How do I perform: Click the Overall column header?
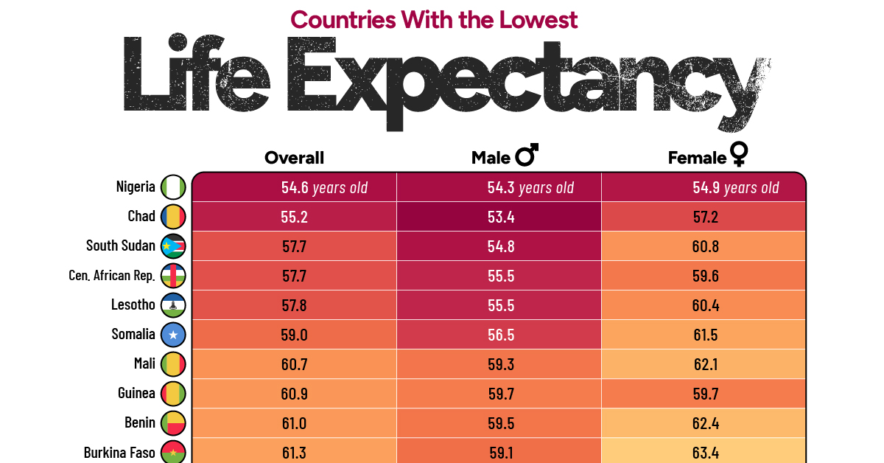[x=294, y=158]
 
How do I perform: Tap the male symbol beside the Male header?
[x=527, y=156]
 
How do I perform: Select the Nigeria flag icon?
[x=174, y=187]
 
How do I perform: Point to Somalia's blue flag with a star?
[x=174, y=335]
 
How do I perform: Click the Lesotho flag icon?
[x=174, y=305]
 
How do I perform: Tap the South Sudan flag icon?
[x=174, y=246]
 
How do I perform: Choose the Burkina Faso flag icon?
[x=174, y=452]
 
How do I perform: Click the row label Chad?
[x=141, y=216]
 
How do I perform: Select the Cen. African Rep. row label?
[x=112, y=276]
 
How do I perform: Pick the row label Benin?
[x=140, y=422]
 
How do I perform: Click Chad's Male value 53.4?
[x=501, y=217]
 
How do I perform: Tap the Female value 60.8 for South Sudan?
[x=706, y=246]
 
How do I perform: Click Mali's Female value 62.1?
[x=706, y=364]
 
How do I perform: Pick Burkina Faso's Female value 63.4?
[x=706, y=452]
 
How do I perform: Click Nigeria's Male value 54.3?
[x=501, y=187]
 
